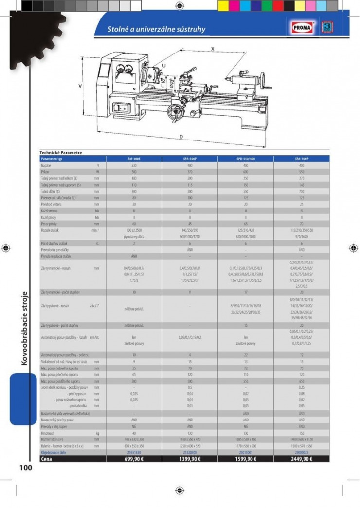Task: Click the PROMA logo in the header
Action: (x=304, y=28)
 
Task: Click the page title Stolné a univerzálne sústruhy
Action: (x=156, y=29)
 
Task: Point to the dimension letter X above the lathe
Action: (x=212, y=49)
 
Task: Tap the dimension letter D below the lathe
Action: (x=181, y=137)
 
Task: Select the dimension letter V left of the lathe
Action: (x=80, y=86)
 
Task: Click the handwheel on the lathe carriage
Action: (x=173, y=112)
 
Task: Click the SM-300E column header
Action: (x=134, y=158)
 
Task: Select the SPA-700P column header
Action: (x=302, y=158)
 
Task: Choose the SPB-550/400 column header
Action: (x=246, y=158)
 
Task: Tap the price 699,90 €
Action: (x=134, y=458)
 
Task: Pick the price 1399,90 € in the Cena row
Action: (x=190, y=458)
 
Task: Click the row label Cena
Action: (x=47, y=458)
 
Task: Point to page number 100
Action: (x=25, y=468)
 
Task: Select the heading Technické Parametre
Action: (x=61, y=153)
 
